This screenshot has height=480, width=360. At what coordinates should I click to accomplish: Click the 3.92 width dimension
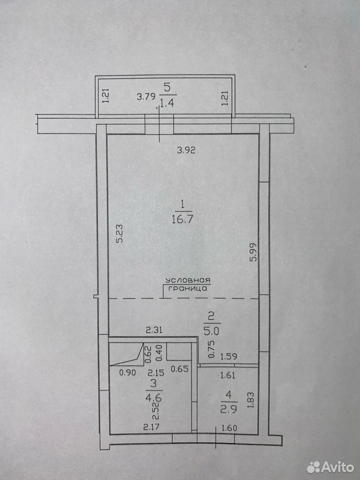[x=186, y=150]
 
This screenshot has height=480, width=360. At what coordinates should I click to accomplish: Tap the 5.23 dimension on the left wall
[x=119, y=233]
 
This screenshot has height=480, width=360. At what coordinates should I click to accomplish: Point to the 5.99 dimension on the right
[x=253, y=251]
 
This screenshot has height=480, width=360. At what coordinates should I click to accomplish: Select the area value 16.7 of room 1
[x=182, y=219]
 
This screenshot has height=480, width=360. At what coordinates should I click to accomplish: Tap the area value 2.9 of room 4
[x=228, y=409]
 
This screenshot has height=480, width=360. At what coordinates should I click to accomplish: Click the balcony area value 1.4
[x=167, y=103]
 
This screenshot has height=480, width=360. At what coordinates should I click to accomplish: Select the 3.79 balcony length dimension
[x=145, y=97]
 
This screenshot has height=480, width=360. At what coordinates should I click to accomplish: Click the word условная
[x=187, y=280]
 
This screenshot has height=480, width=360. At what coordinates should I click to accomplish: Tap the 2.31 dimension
[x=153, y=330]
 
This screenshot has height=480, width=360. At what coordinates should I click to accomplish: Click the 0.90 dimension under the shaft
[x=127, y=372]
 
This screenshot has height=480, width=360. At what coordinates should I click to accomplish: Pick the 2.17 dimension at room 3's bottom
[x=151, y=426]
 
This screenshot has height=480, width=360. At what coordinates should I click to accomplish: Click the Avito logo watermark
[x=330, y=467]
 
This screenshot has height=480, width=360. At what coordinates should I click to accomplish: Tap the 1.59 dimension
[x=228, y=356]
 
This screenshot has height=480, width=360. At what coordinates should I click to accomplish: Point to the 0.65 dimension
[x=179, y=368]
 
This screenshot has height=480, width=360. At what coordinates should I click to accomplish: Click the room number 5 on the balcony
[x=167, y=87]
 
